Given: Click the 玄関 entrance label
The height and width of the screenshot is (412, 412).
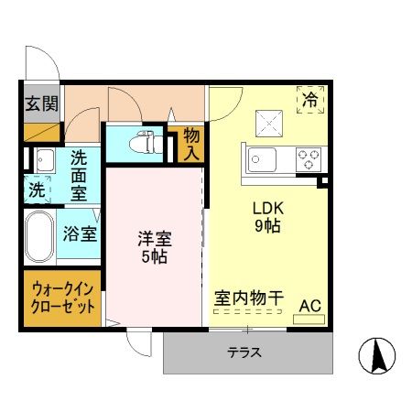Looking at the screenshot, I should [40, 103].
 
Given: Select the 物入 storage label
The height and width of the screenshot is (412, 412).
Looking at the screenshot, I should [190, 142].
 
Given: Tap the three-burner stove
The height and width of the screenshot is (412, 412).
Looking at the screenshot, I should [308, 159].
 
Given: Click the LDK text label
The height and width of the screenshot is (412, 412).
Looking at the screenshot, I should [267, 207].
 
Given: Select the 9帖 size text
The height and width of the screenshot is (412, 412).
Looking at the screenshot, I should [267, 226].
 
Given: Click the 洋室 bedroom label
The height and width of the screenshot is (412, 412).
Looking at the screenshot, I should [155, 239].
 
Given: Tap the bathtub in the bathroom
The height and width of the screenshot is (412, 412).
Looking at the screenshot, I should [39, 236].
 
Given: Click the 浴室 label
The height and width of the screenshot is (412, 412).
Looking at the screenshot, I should [80, 233].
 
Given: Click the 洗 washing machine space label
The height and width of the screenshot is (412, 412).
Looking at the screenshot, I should [35, 191].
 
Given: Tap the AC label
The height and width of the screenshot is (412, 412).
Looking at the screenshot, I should [309, 305].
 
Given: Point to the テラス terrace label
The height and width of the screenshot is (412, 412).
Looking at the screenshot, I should [244, 352].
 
